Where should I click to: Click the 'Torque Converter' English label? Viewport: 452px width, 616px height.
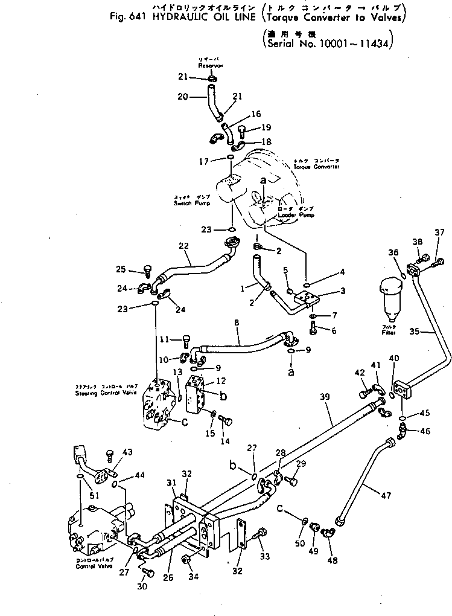317,166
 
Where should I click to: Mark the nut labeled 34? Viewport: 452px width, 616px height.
188,560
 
